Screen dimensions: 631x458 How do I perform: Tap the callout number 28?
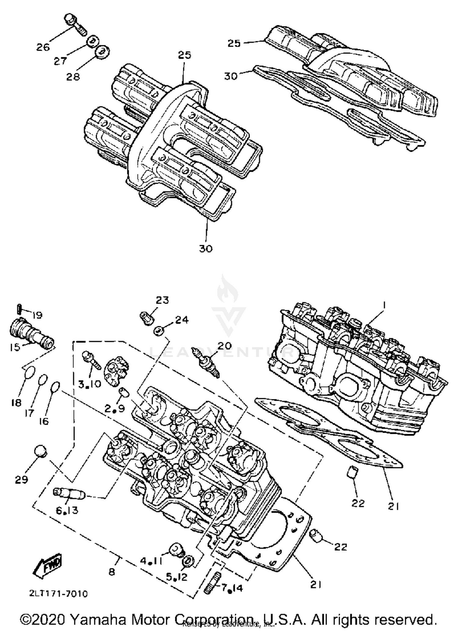click(73, 76)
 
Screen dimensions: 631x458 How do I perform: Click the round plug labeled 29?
click(40, 452)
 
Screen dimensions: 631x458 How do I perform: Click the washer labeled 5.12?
click(188, 561)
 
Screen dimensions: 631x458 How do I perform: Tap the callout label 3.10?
click(89, 384)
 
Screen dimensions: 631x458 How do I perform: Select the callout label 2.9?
click(114, 409)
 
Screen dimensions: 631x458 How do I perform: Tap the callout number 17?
click(29, 413)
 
